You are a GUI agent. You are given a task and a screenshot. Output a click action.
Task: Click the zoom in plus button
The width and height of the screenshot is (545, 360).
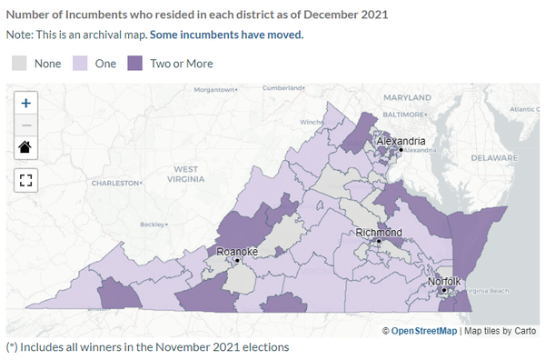click(x=26, y=103)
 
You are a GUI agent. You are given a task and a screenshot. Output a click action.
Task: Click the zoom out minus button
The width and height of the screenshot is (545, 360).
click(x=26, y=125)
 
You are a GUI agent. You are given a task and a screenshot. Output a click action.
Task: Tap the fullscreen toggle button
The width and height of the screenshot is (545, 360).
click(x=26, y=178)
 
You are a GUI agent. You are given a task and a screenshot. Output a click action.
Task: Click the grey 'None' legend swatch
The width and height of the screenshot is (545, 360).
click(x=19, y=63)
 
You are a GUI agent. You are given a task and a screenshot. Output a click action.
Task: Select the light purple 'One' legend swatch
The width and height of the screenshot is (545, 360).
click(x=80, y=63)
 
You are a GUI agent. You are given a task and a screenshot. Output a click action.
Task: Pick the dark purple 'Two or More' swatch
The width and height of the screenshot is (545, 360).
click(x=135, y=63)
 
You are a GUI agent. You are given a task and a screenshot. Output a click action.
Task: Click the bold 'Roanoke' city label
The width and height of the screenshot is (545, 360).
click(x=236, y=251)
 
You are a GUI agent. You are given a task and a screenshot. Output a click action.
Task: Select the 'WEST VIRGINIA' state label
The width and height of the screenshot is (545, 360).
click(x=185, y=175)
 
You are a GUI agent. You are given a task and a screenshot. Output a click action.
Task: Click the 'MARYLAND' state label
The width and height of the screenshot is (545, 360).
click(x=408, y=96)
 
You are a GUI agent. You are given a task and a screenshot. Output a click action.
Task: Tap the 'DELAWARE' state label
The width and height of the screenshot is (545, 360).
click(x=494, y=156)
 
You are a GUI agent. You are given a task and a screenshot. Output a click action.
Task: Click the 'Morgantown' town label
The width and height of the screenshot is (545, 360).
click(x=214, y=90)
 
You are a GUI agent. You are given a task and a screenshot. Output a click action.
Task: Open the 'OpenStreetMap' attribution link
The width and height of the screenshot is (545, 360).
click(x=424, y=330)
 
